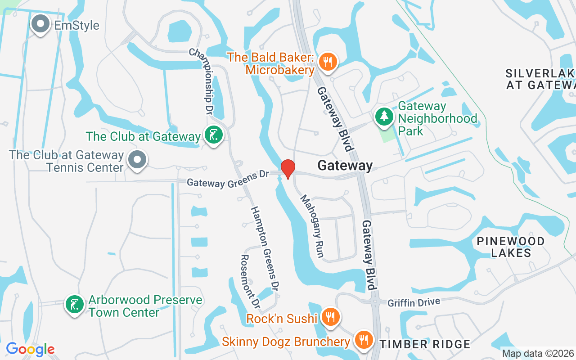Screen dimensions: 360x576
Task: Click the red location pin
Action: click(288, 169)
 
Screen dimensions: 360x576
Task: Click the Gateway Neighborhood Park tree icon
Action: click(384, 116)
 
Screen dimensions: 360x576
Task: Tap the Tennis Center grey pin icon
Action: click(137, 160)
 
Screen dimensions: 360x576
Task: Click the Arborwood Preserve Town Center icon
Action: click(74, 305)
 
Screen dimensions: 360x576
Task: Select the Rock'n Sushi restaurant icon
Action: click(331, 317)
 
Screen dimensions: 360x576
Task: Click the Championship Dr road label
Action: click(201, 81)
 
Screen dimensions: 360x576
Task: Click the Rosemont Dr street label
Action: click(251, 282)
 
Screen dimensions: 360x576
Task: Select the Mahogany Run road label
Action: click(312, 226)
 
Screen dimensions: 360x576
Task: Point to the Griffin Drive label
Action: click(414, 302)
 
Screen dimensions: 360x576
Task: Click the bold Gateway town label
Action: click(345, 166)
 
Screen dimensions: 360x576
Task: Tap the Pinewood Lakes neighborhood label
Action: click(510, 247)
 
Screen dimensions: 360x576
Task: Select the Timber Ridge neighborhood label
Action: click(425, 345)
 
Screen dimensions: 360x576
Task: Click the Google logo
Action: click(30, 349)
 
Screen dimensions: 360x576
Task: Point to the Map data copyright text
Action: click(538, 354)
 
